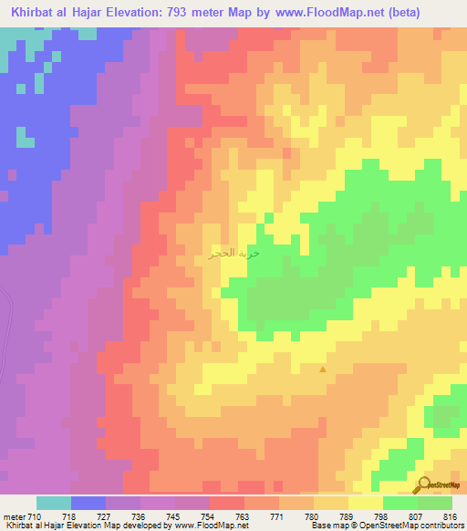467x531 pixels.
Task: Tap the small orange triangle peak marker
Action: pos(323,370)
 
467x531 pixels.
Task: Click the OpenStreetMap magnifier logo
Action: pos(425,485)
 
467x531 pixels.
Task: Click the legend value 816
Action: pos(449,516)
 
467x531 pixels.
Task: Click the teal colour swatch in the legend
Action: pos(54,503)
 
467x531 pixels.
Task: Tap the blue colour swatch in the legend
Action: pos(88,503)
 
